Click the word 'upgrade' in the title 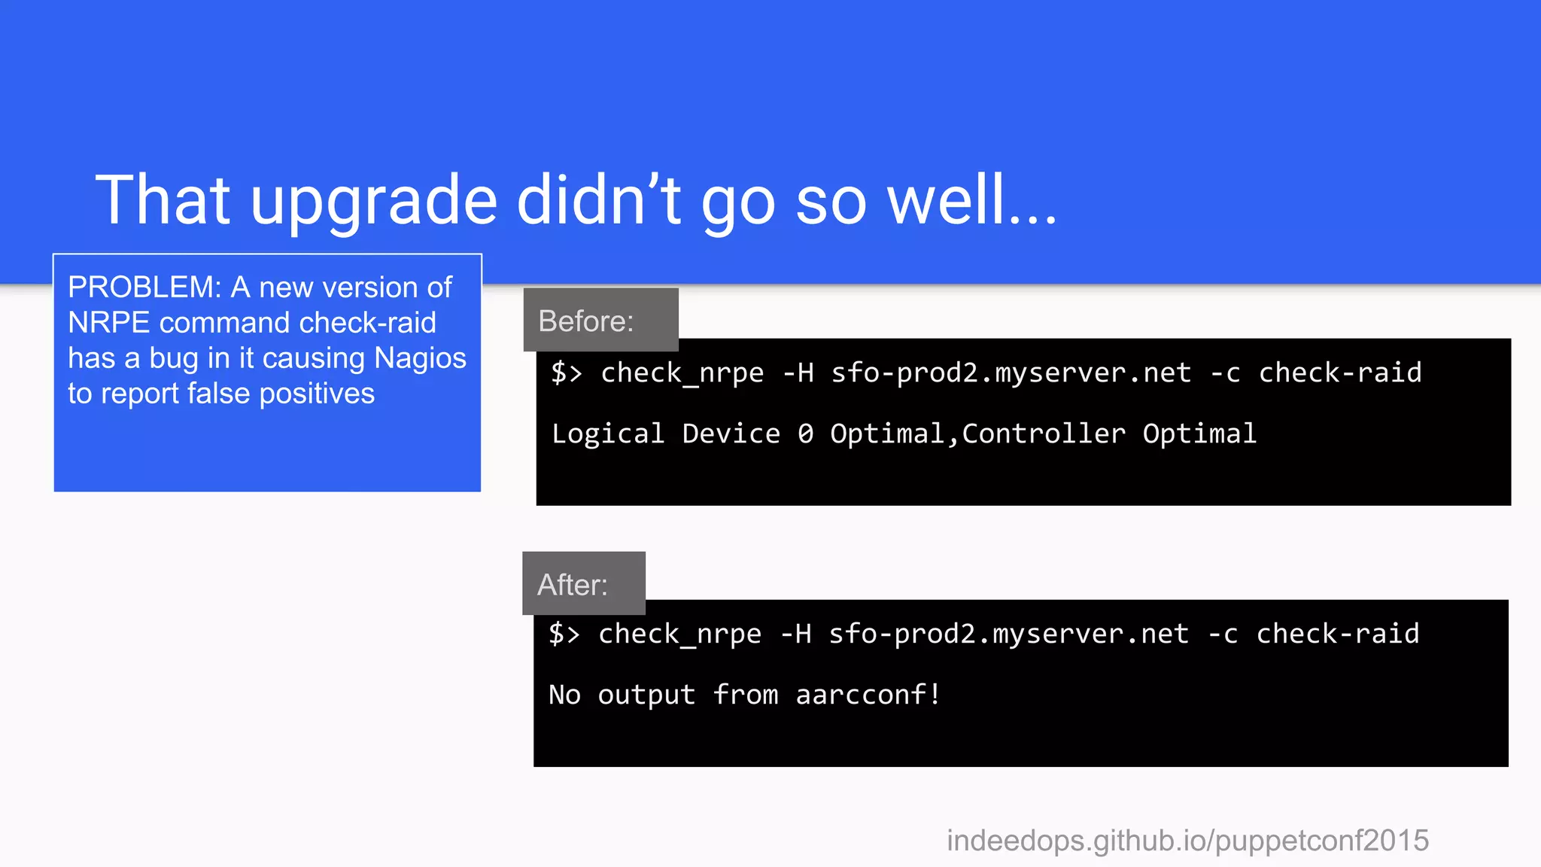pos(374,202)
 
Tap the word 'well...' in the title pos(971,200)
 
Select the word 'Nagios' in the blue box pos(420,358)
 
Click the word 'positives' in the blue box pos(317,394)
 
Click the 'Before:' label pos(586,321)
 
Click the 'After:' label pos(572,585)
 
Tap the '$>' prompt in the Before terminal pos(567,373)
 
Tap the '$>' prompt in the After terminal pos(564,634)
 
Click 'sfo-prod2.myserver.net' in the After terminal pos(1008,634)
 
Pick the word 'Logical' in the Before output pos(608,434)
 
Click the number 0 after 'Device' pos(805,434)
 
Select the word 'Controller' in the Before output pos(1044,434)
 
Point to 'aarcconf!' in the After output pos(868,695)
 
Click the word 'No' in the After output pos(564,695)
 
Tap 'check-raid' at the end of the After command pos(1338,634)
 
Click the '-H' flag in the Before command pos(798,373)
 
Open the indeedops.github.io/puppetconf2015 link pos(1187,841)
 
